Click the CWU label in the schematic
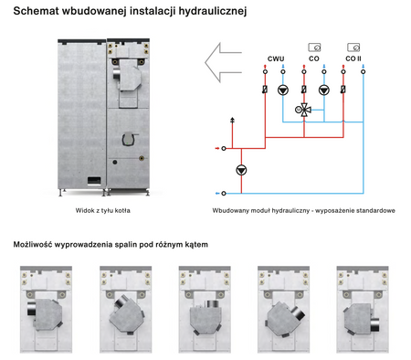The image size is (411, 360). point(276,58)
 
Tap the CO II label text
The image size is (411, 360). point(353,58)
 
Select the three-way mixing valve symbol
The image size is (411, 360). point(303,110)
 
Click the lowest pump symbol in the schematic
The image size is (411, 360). point(241,170)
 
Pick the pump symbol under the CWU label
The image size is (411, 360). point(283,90)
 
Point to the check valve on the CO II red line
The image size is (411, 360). point(343,90)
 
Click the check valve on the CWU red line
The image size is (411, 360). point(265,90)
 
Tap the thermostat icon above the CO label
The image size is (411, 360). point(314,48)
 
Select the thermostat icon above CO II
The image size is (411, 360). point(353,48)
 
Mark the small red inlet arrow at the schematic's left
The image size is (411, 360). point(217,148)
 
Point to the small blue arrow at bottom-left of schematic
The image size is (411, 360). point(217,194)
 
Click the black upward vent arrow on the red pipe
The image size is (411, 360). point(233,120)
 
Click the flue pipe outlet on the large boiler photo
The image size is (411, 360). point(116,74)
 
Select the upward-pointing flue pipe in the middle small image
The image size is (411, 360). point(210,304)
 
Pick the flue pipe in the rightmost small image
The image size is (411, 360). point(374,325)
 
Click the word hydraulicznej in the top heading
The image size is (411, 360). point(213,11)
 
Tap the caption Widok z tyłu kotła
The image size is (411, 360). point(103,210)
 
